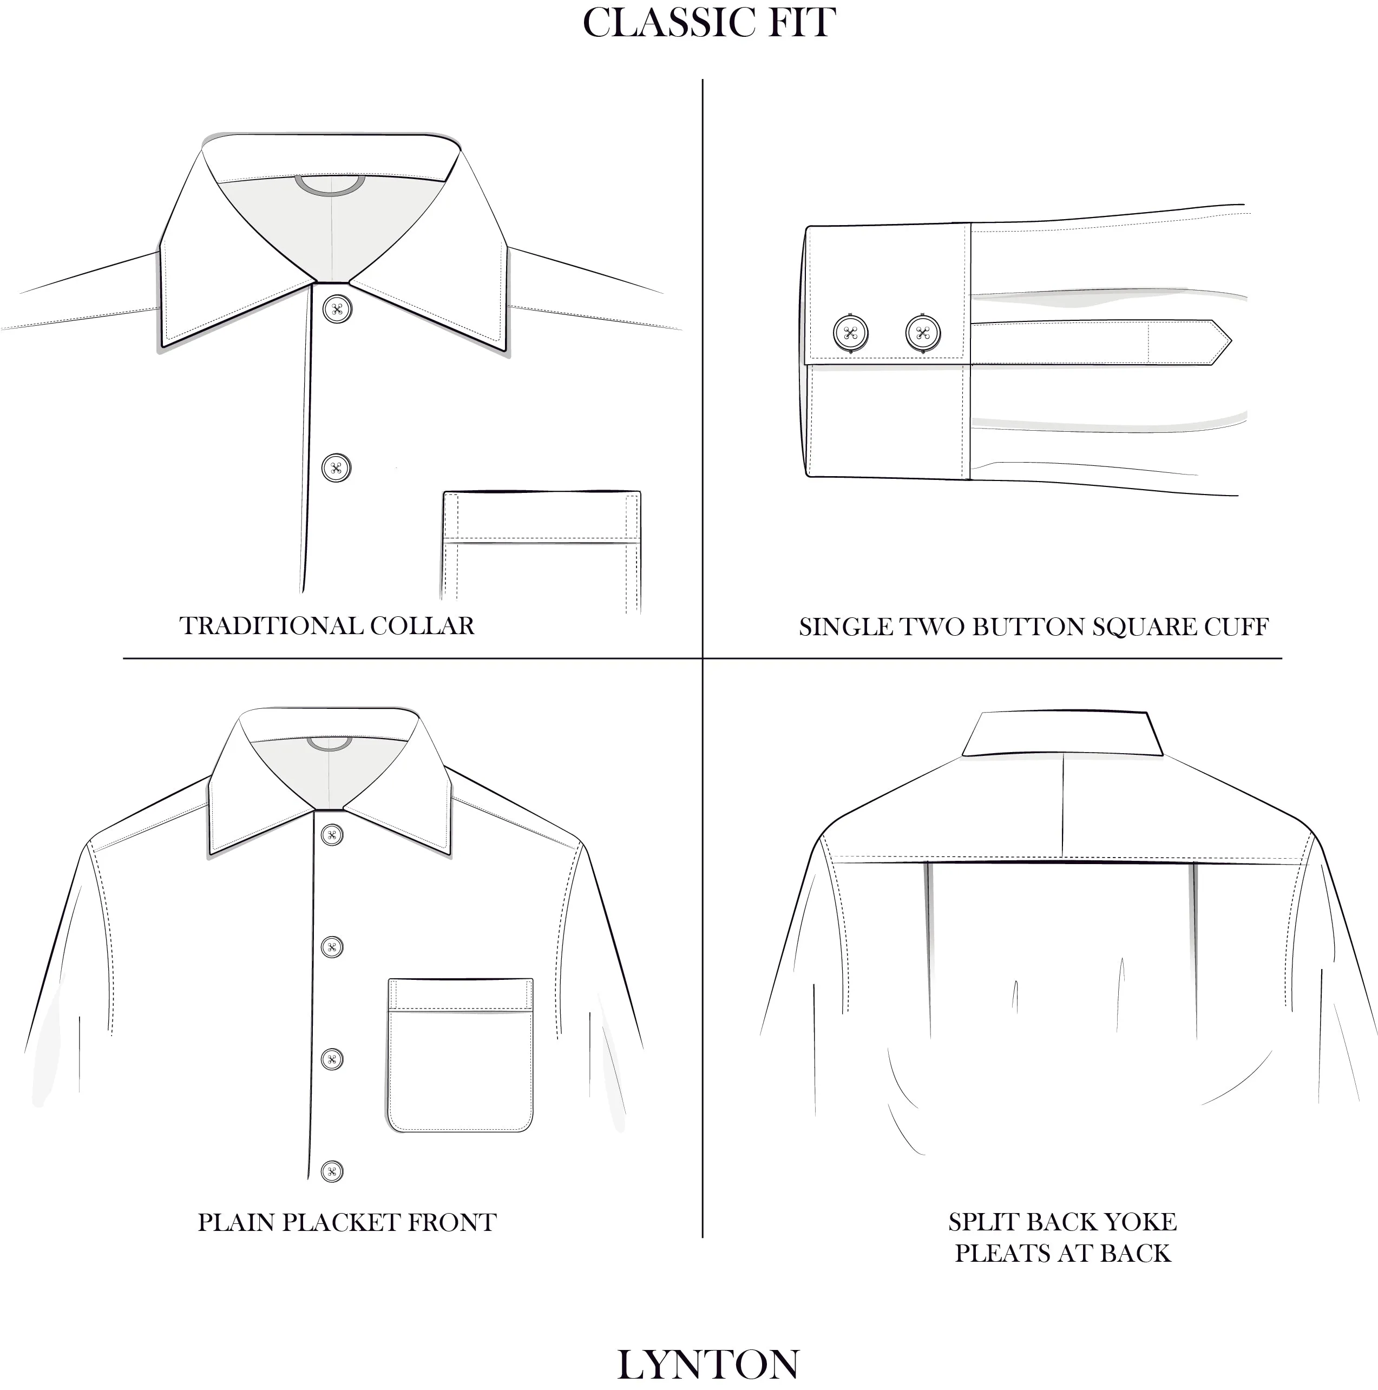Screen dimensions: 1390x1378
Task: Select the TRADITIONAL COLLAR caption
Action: click(x=327, y=625)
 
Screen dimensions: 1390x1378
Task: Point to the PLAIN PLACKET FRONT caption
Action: click(x=347, y=1222)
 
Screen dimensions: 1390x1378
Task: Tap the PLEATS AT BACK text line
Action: click(x=1062, y=1253)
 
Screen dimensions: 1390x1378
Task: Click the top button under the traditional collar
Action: click(x=337, y=309)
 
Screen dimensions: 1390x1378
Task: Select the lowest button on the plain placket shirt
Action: click(x=332, y=1171)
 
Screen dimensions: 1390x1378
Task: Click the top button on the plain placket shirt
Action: click(x=332, y=835)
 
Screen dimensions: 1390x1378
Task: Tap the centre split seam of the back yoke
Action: click(x=1063, y=806)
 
